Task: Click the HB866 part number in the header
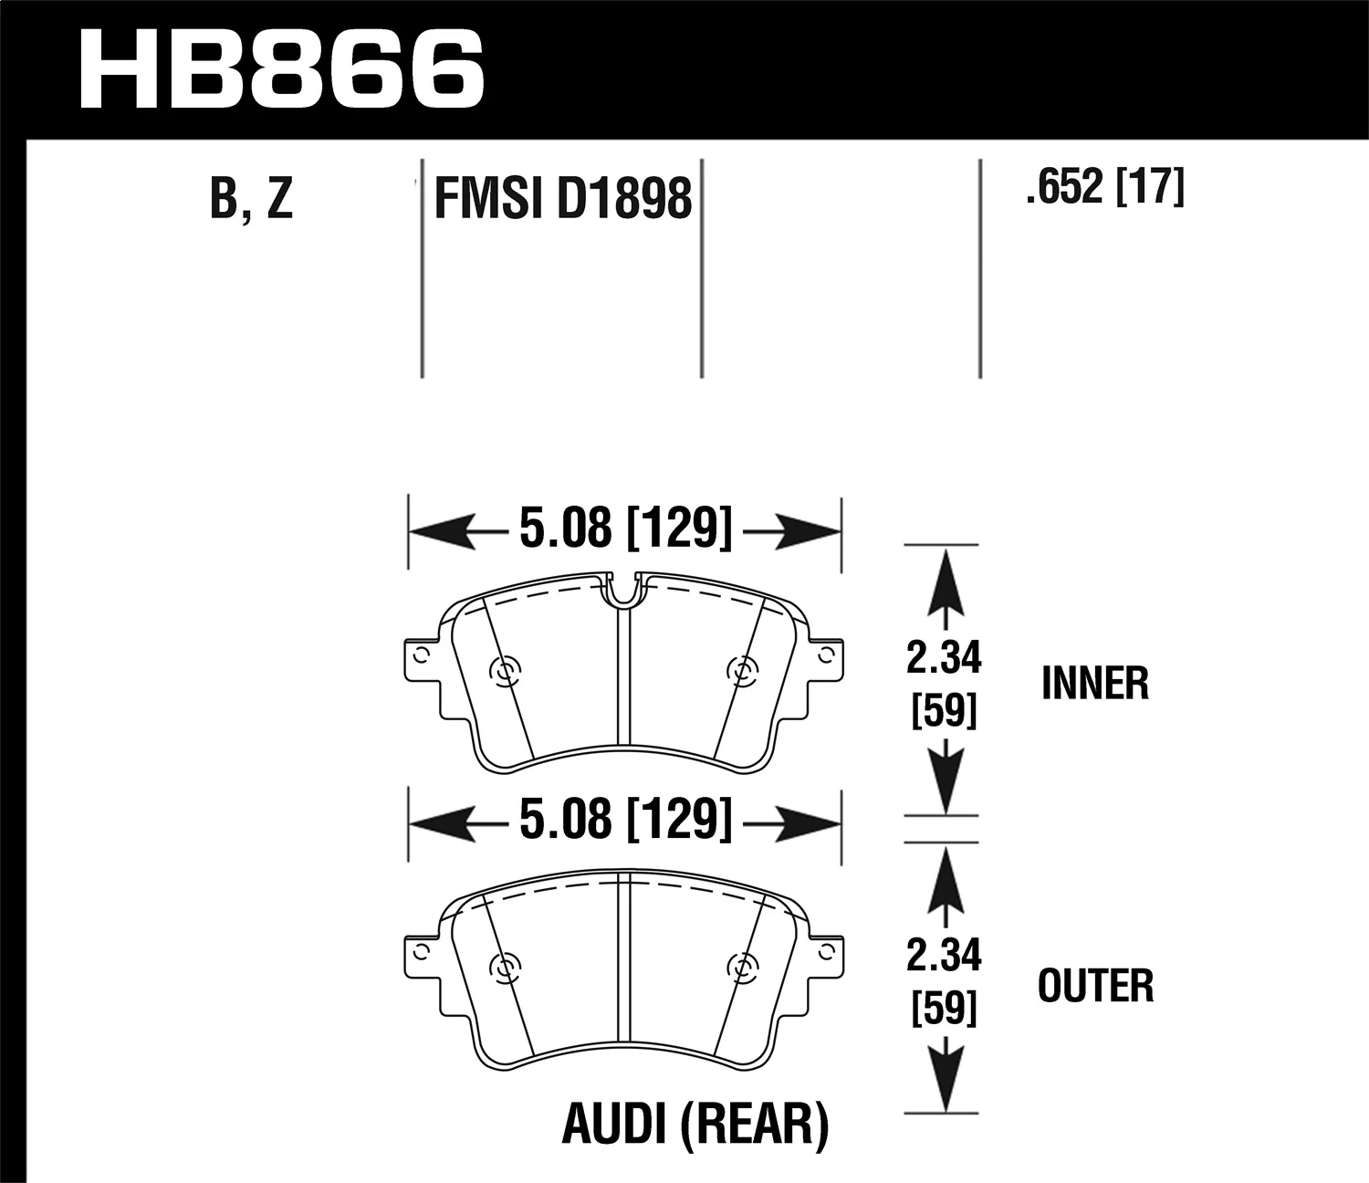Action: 281,70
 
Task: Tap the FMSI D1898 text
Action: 562,198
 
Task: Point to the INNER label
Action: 1094,684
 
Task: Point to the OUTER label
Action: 1095,987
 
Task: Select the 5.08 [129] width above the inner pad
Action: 625,529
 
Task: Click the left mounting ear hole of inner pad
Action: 420,655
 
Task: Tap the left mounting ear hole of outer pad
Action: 420,951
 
